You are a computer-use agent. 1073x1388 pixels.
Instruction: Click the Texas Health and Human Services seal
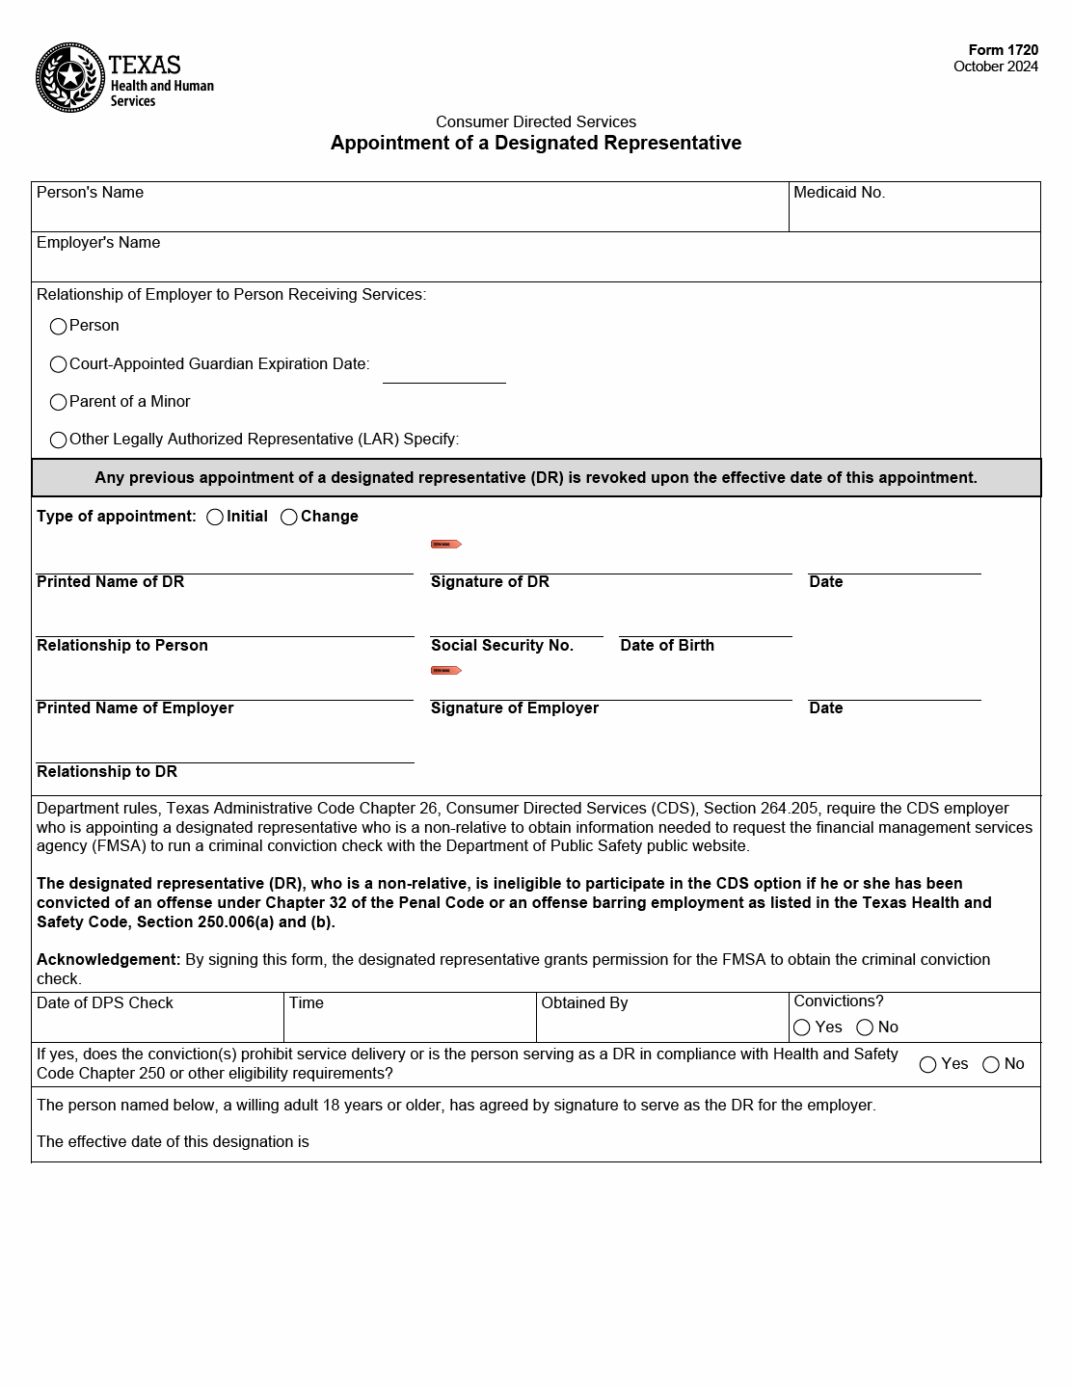(70, 77)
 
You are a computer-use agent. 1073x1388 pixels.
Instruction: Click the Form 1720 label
(1003, 50)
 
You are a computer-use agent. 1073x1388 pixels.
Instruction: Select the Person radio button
(59, 327)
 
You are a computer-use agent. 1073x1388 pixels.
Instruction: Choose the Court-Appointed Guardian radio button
(59, 364)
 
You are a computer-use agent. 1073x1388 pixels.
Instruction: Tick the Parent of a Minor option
(59, 402)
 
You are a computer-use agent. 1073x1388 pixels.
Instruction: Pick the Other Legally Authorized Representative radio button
(59, 440)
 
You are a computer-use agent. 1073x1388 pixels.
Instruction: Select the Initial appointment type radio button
(215, 518)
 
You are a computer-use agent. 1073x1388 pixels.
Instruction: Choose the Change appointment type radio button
(289, 518)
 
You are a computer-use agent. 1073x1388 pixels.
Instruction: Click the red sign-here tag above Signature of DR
(445, 545)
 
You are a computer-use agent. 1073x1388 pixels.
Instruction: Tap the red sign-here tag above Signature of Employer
(445, 671)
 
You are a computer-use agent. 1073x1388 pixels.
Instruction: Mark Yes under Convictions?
(802, 1028)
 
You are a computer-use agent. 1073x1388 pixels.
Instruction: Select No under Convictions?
(866, 1028)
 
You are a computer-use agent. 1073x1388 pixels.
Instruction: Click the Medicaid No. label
(839, 193)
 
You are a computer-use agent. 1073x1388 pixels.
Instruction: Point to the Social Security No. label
(501, 646)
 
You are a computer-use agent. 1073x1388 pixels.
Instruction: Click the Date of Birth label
(667, 646)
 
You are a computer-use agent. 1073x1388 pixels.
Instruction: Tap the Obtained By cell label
(584, 1003)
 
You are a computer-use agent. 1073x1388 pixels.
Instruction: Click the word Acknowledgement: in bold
(108, 960)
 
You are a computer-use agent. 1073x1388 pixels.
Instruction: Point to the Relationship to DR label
(107, 772)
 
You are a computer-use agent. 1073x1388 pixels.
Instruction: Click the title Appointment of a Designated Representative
(535, 144)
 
